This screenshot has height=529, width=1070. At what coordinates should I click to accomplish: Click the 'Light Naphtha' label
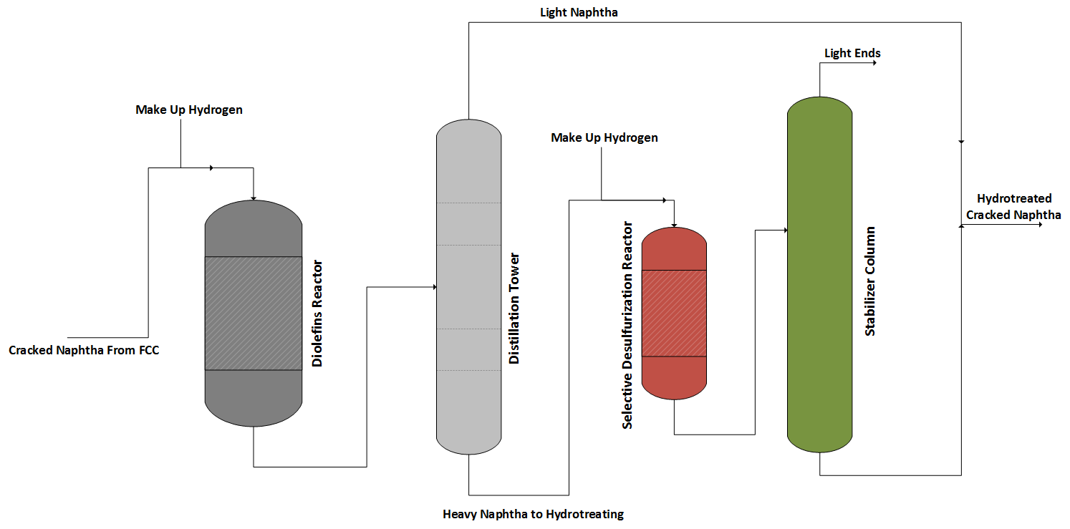579,12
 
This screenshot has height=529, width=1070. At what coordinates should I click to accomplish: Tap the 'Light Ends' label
852,53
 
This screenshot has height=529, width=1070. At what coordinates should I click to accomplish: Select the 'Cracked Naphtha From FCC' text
84,350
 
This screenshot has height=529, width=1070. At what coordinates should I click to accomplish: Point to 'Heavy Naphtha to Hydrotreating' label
533,513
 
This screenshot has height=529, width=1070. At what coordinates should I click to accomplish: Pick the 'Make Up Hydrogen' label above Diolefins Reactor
189,110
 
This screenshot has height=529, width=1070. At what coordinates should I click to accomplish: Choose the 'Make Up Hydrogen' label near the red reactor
604,137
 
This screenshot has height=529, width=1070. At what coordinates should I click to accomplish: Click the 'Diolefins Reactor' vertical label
317,314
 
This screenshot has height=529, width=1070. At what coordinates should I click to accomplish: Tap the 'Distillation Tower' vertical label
514,308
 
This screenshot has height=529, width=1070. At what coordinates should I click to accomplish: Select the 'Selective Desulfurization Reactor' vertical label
627,325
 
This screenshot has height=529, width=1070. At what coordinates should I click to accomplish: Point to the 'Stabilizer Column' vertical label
870,281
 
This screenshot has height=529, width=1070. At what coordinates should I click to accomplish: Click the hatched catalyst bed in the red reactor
674,313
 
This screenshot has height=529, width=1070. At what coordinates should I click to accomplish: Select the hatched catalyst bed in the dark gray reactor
253,313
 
